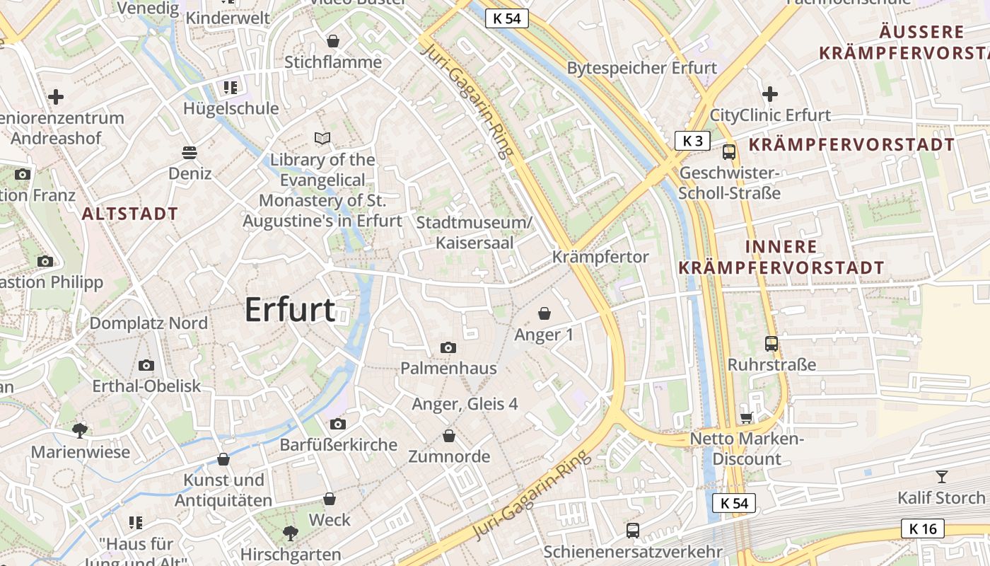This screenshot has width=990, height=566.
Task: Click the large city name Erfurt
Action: pos(290,311)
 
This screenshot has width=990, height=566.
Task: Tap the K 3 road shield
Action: pos(692,141)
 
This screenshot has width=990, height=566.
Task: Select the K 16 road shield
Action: pos(923,528)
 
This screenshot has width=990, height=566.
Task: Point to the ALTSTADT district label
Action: pos(130,214)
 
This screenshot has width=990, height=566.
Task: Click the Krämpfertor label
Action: pos(600,257)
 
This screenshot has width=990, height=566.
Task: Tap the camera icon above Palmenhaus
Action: pos(448,347)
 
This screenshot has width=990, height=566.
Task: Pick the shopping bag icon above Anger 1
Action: pos(544,313)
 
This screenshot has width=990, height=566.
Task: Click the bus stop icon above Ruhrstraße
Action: pos(771,344)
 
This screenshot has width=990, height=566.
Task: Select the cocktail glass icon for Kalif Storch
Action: pos(941,476)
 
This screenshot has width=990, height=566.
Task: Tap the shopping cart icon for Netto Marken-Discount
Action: pos(746,418)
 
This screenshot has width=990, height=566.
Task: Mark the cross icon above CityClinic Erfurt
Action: pos(770,93)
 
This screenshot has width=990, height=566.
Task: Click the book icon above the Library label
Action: pos(322,138)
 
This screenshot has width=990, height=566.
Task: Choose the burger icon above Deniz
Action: pos(190,152)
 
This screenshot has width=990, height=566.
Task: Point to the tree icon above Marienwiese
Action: pos(80,430)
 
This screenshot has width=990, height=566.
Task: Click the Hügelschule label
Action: pos(231,108)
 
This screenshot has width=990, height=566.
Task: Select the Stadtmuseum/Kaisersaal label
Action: pos(474,232)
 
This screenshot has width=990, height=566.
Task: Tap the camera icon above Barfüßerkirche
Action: pos(338,424)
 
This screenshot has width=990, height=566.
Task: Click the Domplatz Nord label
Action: pos(148,323)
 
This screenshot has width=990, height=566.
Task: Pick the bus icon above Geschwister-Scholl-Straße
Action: pos(729,151)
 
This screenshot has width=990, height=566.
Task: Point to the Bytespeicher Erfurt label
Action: pos(642,68)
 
